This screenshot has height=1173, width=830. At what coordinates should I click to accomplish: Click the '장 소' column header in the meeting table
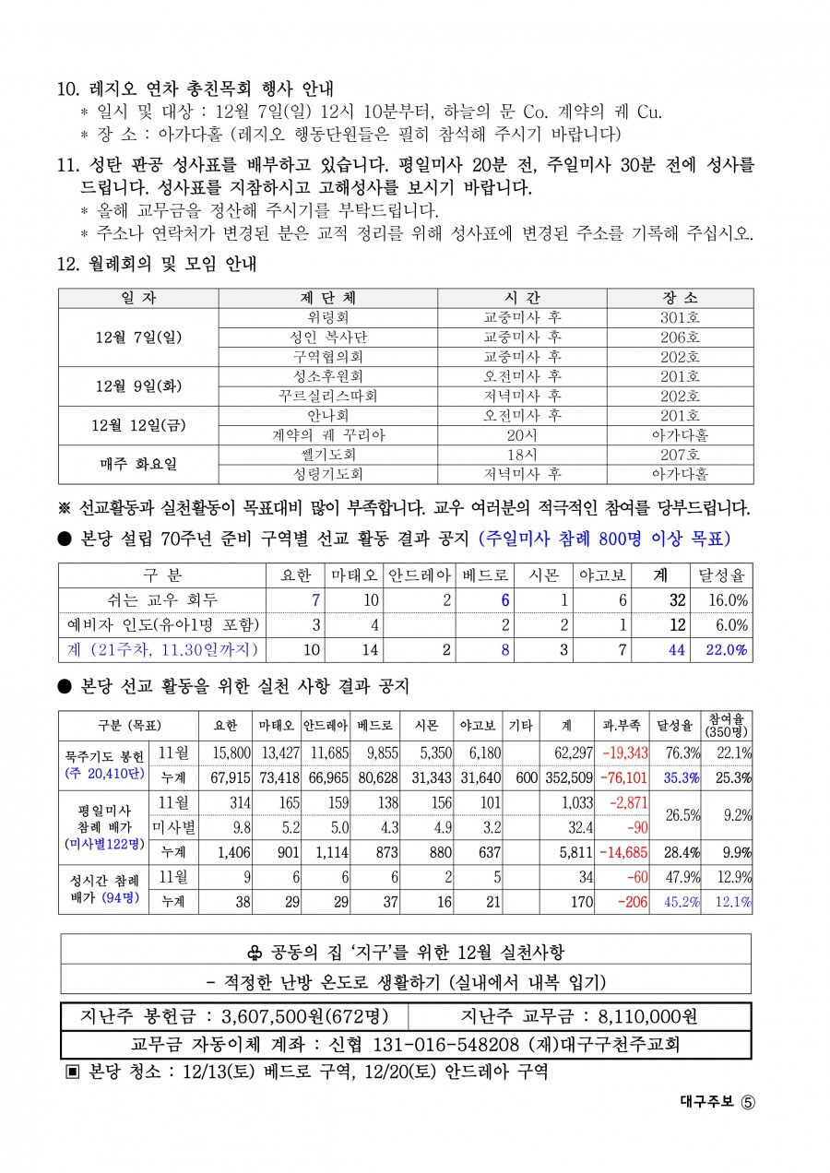[x=680, y=298]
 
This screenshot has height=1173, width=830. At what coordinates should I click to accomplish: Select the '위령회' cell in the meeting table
[x=327, y=317]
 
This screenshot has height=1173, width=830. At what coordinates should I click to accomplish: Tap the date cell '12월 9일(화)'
[x=138, y=385]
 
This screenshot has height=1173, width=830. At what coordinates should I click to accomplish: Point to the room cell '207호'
[x=680, y=455]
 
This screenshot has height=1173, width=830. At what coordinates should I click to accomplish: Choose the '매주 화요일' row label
[x=138, y=464]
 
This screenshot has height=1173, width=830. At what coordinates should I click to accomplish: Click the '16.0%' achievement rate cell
[x=728, y=600]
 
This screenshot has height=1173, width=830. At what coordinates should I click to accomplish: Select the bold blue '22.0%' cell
[x=728, y=650]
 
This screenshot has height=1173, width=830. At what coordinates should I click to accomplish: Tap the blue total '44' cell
[x=677, y=650]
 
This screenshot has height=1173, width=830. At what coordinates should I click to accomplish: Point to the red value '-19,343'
[x=624, y=753]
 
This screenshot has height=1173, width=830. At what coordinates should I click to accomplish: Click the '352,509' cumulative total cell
[x=568, y=777]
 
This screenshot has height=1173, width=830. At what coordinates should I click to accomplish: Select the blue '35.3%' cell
[x=681, y=777]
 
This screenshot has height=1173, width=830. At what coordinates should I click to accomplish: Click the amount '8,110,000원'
[x=647, y=1017]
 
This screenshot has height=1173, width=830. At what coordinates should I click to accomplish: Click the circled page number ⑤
[x=747, y=1101]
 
